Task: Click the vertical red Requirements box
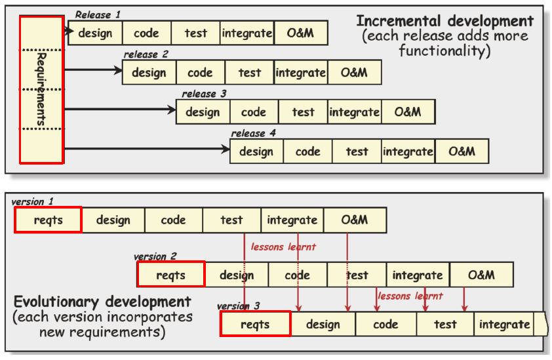(41, 89)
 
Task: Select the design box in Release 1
(95, 33)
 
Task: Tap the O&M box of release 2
(354, 72)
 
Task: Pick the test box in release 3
(303, 111)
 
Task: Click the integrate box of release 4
(408, 151)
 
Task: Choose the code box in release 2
(200, 72)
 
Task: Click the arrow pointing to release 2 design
(92, 70)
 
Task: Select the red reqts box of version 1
(48, 220)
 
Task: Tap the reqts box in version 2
(171, 274)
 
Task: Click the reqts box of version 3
(255, 324)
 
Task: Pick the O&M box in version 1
(354, 220)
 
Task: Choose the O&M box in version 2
(481, 274)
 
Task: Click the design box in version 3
(323, 324)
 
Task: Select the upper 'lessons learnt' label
(283, 247)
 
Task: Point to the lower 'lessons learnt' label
(410, 296)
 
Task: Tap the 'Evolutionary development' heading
(102, 302)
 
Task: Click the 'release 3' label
(204, 94)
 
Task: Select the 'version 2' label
(155, 256)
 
